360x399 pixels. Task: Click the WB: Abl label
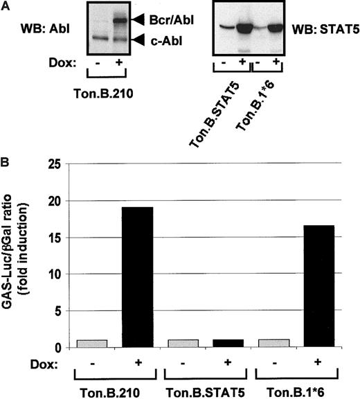40,29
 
